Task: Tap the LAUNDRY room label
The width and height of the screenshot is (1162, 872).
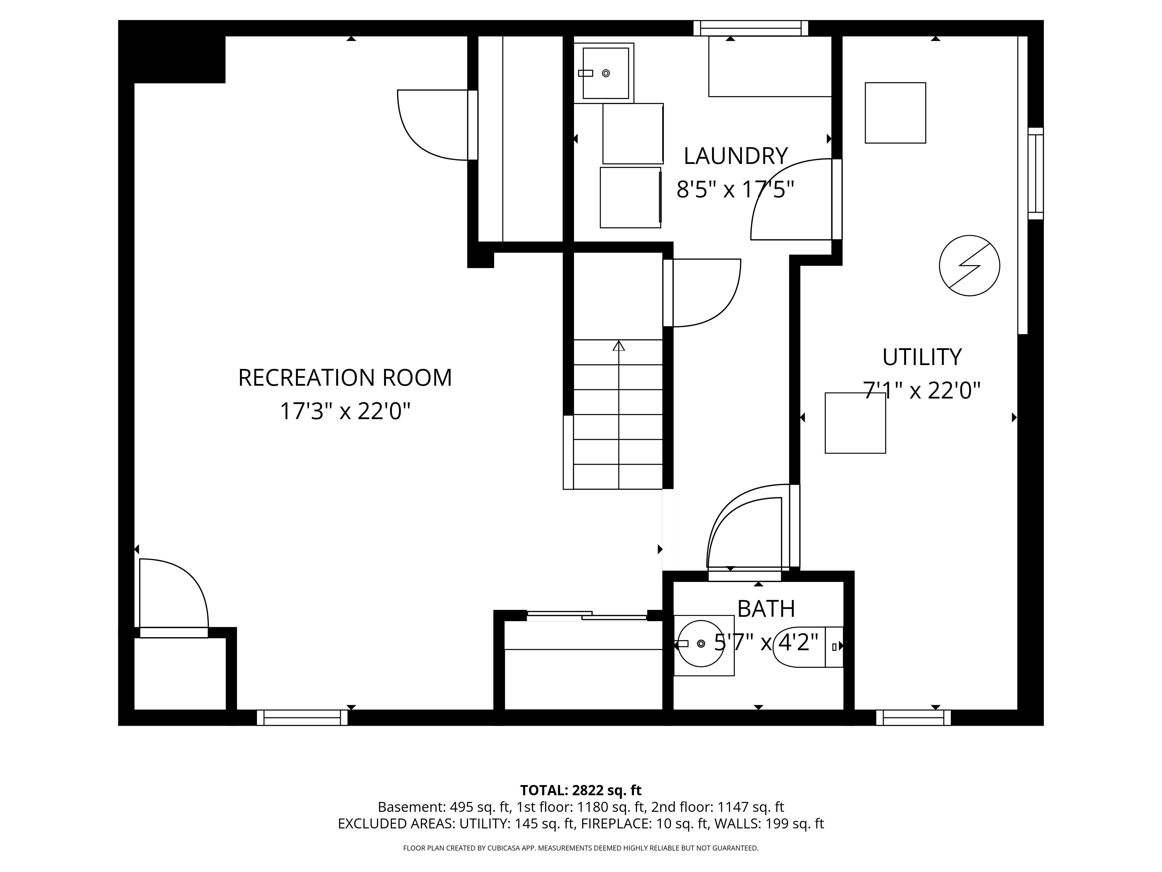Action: [736, 156]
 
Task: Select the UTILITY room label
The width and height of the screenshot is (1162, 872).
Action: [922, 358]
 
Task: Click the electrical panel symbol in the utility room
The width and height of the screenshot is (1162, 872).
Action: [969, 265]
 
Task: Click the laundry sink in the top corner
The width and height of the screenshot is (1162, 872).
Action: [604, 73]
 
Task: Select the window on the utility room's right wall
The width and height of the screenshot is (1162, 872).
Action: [1035, 174]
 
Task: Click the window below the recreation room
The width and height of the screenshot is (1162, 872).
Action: [302, 717]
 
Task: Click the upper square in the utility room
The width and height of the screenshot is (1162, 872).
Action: [895, 112]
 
